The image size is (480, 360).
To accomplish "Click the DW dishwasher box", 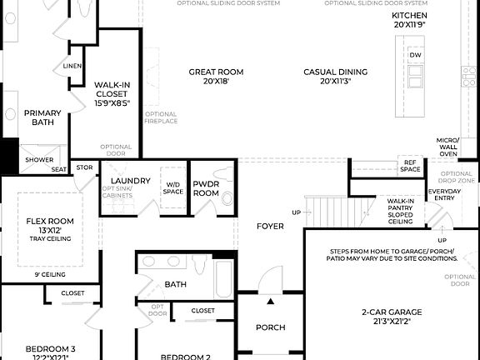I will [x=415, y=55].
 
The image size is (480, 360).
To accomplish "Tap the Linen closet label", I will [x=72, y=66].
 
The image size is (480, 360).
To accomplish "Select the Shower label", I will [x=38, y=160].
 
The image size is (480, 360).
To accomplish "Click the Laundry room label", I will [x=130, y=180].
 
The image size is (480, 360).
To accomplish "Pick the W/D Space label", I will [x=173, y=187].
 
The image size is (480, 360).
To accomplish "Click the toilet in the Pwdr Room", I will [x=227, y=199].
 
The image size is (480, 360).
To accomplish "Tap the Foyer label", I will [x=270, y=226].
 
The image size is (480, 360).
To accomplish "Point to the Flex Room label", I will [x=50, y=225].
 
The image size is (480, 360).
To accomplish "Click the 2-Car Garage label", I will [x=386, y=316].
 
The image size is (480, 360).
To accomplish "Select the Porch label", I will [x=270, y=327].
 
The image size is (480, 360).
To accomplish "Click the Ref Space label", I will [x=410, y=166].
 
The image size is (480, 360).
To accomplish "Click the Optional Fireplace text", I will [x=161, y=118].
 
